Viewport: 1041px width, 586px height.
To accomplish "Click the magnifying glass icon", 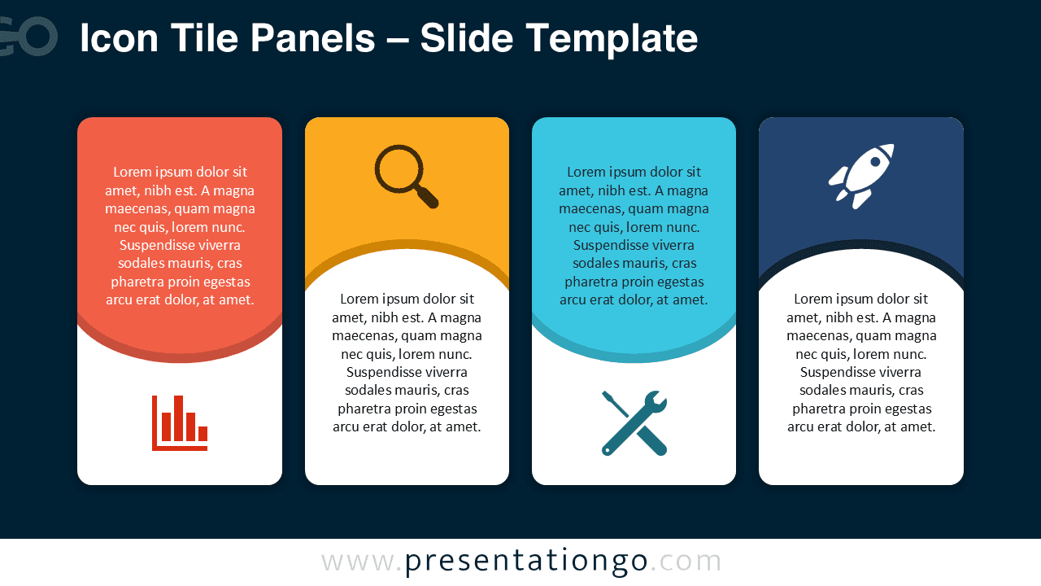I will coord(405,175).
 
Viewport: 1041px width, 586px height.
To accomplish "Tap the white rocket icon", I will coord(861,176).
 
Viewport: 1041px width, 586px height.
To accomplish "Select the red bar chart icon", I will coord(180,422).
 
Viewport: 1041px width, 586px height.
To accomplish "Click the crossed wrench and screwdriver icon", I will coord(634,422).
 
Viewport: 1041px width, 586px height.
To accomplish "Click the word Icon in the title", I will coord(113,38).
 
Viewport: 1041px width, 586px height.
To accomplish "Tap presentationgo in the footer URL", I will coord(526,562).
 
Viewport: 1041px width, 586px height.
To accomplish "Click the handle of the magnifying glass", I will coord(428,198).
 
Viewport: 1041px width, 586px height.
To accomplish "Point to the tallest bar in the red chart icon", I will coord(178,418).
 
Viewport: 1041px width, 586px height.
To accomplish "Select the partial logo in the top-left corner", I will coord(28,37).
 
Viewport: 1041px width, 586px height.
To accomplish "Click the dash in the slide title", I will coord(398,40).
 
